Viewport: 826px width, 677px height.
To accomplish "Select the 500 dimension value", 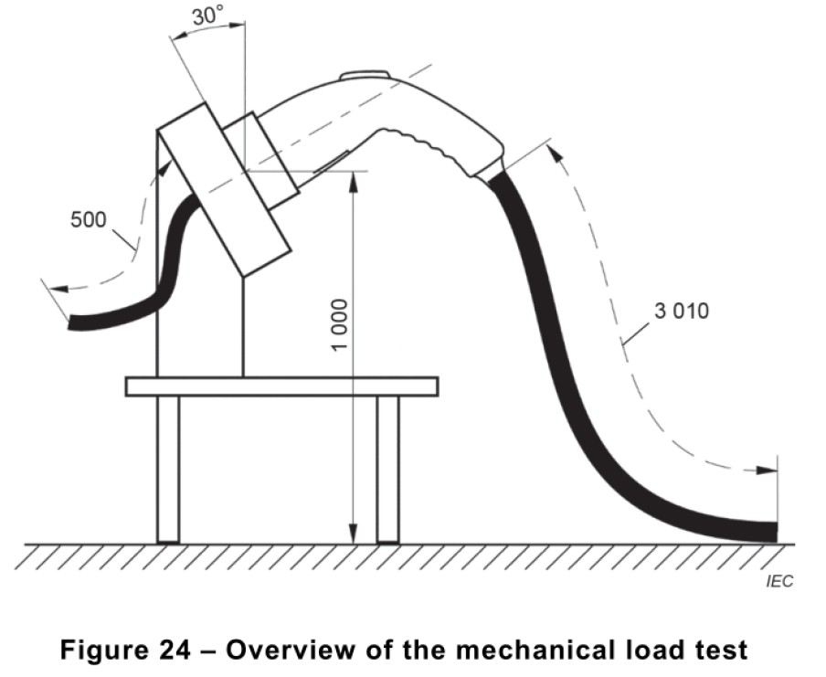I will (89, 220).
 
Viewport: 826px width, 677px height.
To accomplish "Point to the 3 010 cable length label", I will (682, 311).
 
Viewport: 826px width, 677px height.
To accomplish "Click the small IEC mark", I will (779, 580).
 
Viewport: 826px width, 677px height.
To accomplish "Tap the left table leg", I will (168, 470).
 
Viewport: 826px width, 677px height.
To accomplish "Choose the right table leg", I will (388, 470).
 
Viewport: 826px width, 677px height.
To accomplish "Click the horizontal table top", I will (281, 386).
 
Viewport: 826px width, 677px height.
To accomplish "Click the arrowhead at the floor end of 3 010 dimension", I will (770, 471).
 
